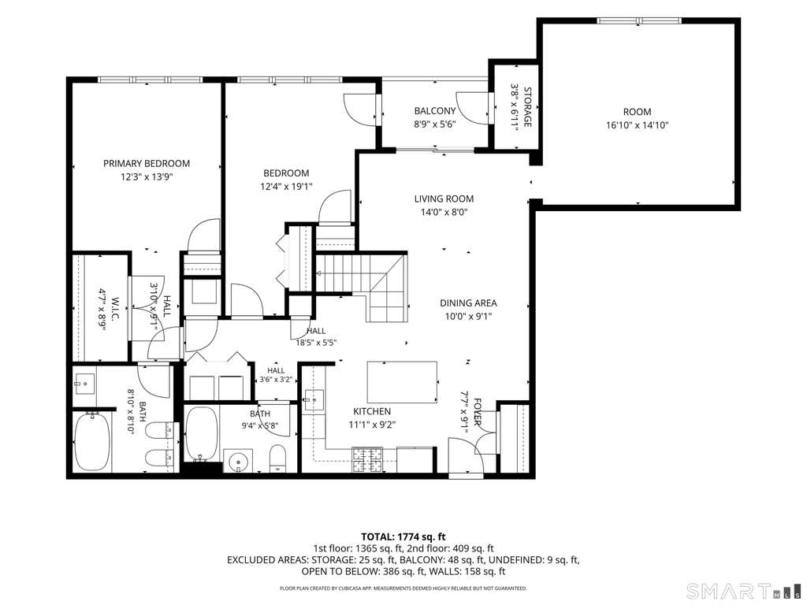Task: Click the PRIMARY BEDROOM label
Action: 147,164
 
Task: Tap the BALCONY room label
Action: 435,110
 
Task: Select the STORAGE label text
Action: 527,107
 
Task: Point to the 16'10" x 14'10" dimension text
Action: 637,124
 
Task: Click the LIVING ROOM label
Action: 444,199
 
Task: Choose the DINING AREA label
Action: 468,303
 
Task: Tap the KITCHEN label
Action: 372,411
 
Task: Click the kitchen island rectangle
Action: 403,382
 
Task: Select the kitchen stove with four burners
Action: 367,460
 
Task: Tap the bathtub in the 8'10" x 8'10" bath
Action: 92,441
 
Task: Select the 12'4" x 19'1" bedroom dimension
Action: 287,186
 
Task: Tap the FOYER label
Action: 478,412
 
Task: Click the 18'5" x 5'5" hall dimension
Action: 316,342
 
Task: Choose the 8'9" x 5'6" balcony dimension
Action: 435,124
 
